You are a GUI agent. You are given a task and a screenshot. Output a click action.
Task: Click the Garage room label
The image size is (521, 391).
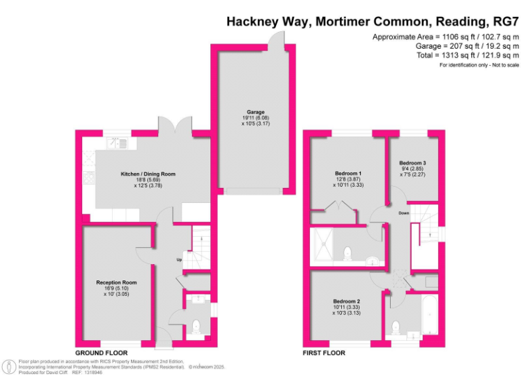point(255,112)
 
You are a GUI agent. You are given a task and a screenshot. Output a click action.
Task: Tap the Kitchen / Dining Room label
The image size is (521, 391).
point(148,174)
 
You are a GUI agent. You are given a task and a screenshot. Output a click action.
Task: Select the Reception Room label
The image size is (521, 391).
point(116,282)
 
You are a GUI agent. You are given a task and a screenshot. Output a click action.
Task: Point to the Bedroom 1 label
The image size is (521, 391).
point(348,172)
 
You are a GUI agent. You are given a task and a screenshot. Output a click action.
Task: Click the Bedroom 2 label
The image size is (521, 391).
point(346,301)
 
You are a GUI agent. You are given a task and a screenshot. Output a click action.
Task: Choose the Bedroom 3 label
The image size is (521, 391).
point(412,163)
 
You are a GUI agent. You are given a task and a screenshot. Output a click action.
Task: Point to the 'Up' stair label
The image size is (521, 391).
point(179,259)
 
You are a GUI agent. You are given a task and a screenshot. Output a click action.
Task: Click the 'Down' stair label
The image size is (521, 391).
point(404,212)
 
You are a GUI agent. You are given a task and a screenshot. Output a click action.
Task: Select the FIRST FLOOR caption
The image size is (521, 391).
point(324,353)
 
